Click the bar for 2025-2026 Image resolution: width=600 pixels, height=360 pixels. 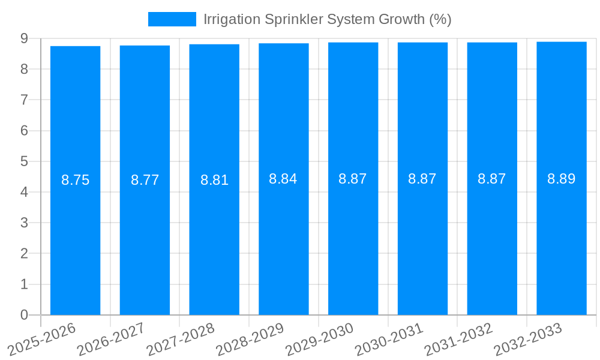pos(75,240)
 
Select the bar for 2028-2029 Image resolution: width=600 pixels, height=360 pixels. pos(283,240)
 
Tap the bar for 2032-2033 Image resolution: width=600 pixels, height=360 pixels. pos(561,240)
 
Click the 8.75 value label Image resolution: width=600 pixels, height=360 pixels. pos(76,180)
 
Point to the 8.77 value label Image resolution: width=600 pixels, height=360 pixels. pos(145,180)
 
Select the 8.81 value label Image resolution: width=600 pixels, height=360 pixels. pos(214,180)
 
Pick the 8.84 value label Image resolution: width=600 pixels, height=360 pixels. pos(283,179)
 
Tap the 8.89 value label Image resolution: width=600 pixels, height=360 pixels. pos(561,179)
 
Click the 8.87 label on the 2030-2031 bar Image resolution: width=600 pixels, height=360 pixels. pos(422,179)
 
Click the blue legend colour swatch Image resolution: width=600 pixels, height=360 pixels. pos(172,19)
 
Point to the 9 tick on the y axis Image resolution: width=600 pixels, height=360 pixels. pos(24,38)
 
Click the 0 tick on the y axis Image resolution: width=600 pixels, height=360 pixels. pos(24,315)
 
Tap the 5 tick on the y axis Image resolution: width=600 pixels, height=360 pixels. pos(24,161)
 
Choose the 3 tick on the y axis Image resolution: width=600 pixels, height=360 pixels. pos(24,223)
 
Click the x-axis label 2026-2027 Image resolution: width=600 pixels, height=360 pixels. pos(112,339)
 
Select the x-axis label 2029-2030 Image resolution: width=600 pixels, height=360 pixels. pos(320,339)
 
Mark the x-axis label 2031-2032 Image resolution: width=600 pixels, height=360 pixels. pos(459,339)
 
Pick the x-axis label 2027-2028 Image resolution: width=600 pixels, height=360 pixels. pos(181,339)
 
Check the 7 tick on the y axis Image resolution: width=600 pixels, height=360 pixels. pos(24,100)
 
